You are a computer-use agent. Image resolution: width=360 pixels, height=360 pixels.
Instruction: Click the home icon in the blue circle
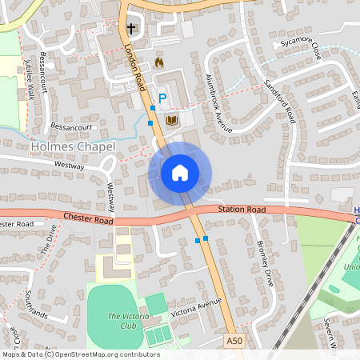[x=180, y=172]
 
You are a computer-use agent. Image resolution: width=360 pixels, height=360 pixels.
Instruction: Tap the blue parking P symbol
[x=162, y=99]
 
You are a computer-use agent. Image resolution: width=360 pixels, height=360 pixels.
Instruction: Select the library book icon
[x=172, y=120]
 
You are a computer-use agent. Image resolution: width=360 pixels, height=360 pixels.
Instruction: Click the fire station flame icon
[x=158, y=62]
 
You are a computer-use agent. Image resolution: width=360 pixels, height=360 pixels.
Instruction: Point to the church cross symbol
[x=130, y=29]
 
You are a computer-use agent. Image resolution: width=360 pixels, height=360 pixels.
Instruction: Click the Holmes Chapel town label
[x=73, y=147]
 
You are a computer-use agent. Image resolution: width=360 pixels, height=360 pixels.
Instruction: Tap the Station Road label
[x=241, y=210]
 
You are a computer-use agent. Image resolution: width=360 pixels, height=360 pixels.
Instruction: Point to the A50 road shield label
[x=234, y=342]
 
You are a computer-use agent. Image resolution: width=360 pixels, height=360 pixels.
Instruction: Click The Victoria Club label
[x=124, y=322]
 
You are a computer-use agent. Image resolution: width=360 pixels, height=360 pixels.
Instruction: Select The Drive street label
[x=49, y=241]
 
